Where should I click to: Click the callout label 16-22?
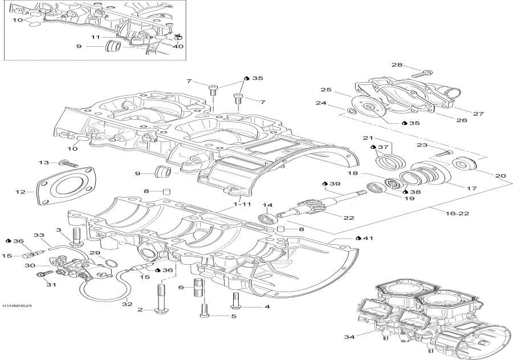(442, 213)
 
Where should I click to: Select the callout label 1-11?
(241, 204)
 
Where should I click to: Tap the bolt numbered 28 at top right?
(421, 73)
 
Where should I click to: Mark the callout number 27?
(479, 114)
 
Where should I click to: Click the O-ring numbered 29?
(113, 263)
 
